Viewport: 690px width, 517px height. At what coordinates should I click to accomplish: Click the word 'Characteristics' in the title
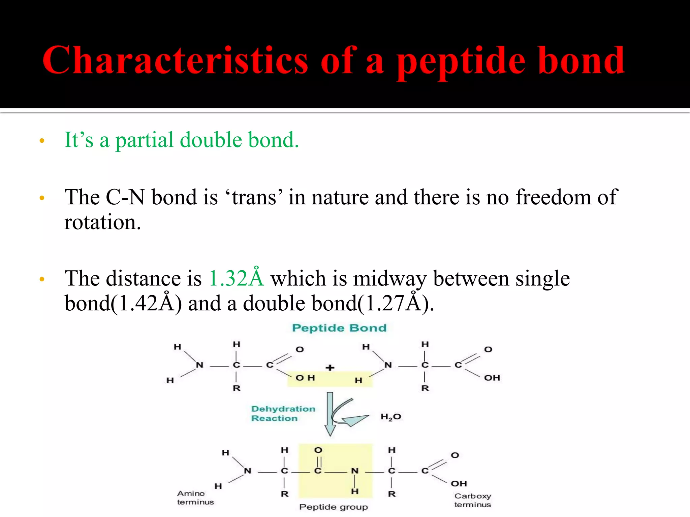[175, 61]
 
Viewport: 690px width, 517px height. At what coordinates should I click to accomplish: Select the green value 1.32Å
[236, 278]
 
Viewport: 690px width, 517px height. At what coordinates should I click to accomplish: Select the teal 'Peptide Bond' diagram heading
[339, 328]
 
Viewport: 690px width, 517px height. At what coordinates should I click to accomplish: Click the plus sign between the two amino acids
[330, 368]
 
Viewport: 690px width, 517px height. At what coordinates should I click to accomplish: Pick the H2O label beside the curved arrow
[391, 417]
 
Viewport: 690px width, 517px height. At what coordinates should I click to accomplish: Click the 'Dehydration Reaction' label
[283, 413]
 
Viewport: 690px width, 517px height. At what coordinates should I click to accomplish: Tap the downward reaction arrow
[330, 414]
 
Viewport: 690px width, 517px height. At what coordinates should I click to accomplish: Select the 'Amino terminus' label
[195, 497]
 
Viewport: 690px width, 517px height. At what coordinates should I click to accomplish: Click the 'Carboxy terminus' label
[472, 500]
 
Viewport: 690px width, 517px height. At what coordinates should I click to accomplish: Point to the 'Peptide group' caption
[334, 507]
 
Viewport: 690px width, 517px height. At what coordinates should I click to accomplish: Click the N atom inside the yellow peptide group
[354, 471]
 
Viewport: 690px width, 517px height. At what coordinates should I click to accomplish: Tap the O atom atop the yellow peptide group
[318, 450]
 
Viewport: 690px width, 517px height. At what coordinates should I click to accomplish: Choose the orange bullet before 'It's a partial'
[42, 141]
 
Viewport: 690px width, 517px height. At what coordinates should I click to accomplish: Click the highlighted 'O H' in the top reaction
[305, 378]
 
